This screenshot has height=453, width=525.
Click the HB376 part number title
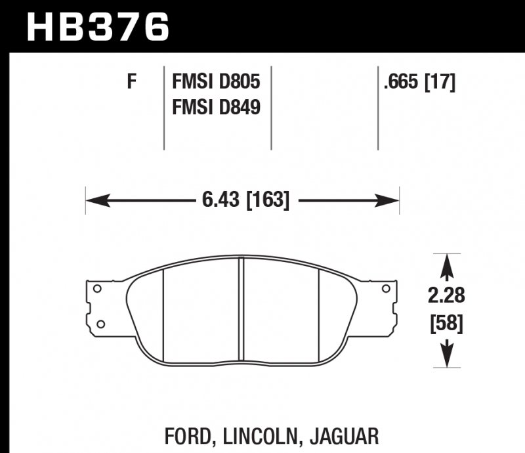point(97,27)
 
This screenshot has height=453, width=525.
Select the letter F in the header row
point(132,81)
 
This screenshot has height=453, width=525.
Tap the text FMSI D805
point(216,81)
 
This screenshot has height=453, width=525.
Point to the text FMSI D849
point(216,108)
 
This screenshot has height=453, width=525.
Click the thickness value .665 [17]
point(419,82)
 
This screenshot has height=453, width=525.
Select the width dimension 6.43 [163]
point(245,200)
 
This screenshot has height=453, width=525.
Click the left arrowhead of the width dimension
point(98,200)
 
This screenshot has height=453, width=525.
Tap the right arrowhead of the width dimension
point(387,200)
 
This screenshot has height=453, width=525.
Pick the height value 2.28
point(446,295)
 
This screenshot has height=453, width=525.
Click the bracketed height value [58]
point(447,324)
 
